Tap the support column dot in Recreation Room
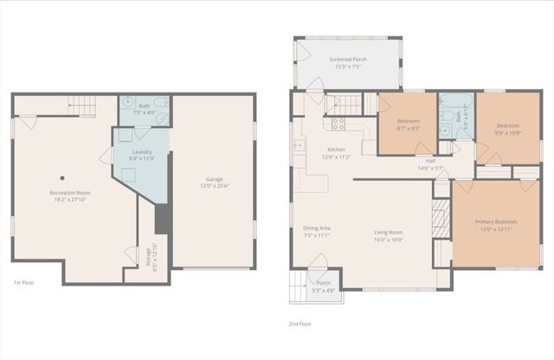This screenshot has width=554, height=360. tap(61, 177)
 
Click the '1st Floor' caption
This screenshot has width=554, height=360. tap(23, 282)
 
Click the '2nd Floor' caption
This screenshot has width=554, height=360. tap(300, 324)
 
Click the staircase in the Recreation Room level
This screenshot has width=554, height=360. tap(81, 106)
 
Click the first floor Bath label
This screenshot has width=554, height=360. tap(144, 108)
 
